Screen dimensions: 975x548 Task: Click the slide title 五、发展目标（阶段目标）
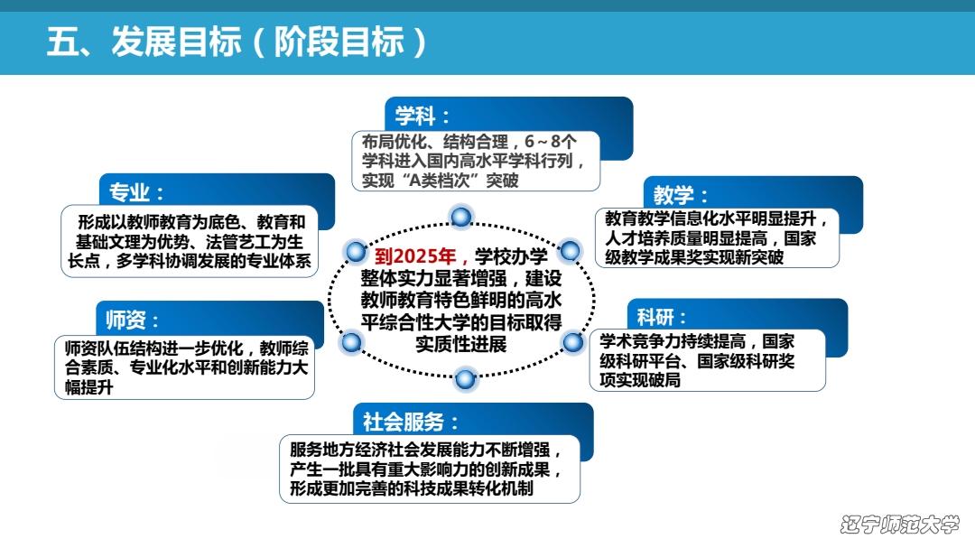[x=237, y=42]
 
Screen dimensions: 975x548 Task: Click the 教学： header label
[x=681, y=195]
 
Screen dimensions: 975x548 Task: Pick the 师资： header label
[x=133, y=320]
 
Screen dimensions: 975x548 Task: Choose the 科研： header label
[x=662, y=317]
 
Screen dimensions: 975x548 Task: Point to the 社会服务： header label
[x=411, y=422]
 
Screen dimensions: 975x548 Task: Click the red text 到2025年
[x=415, y=255]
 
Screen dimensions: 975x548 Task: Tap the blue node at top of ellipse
[x=460, y=217]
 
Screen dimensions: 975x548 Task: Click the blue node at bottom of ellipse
[x=465, y=378]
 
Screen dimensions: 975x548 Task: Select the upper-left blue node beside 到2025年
[x=357, y=251]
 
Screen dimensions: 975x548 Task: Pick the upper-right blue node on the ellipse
[x=570, y=251]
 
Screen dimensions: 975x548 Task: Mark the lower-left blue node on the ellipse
[x=351, y=341]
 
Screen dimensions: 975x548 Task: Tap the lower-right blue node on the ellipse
[x=572, y=341]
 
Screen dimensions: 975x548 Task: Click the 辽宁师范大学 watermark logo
[x=899, y=524]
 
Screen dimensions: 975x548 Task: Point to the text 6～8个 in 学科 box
[x=551, y=142]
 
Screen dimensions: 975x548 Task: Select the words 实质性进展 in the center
[x=461, y=344]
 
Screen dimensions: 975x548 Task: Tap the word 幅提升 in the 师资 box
[x=88, y=387]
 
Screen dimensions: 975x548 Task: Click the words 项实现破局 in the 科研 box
[x=640, y=379]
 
